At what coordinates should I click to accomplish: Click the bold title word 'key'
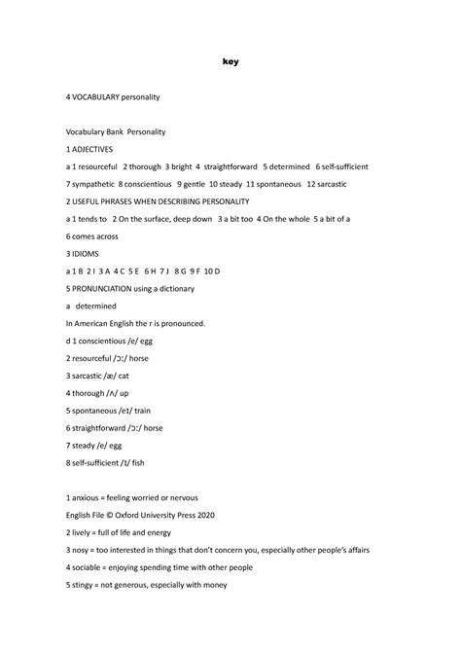230,62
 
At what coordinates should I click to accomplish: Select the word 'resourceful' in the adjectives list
105,166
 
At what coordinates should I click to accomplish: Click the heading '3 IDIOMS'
82,253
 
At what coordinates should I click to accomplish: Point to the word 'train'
142,410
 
